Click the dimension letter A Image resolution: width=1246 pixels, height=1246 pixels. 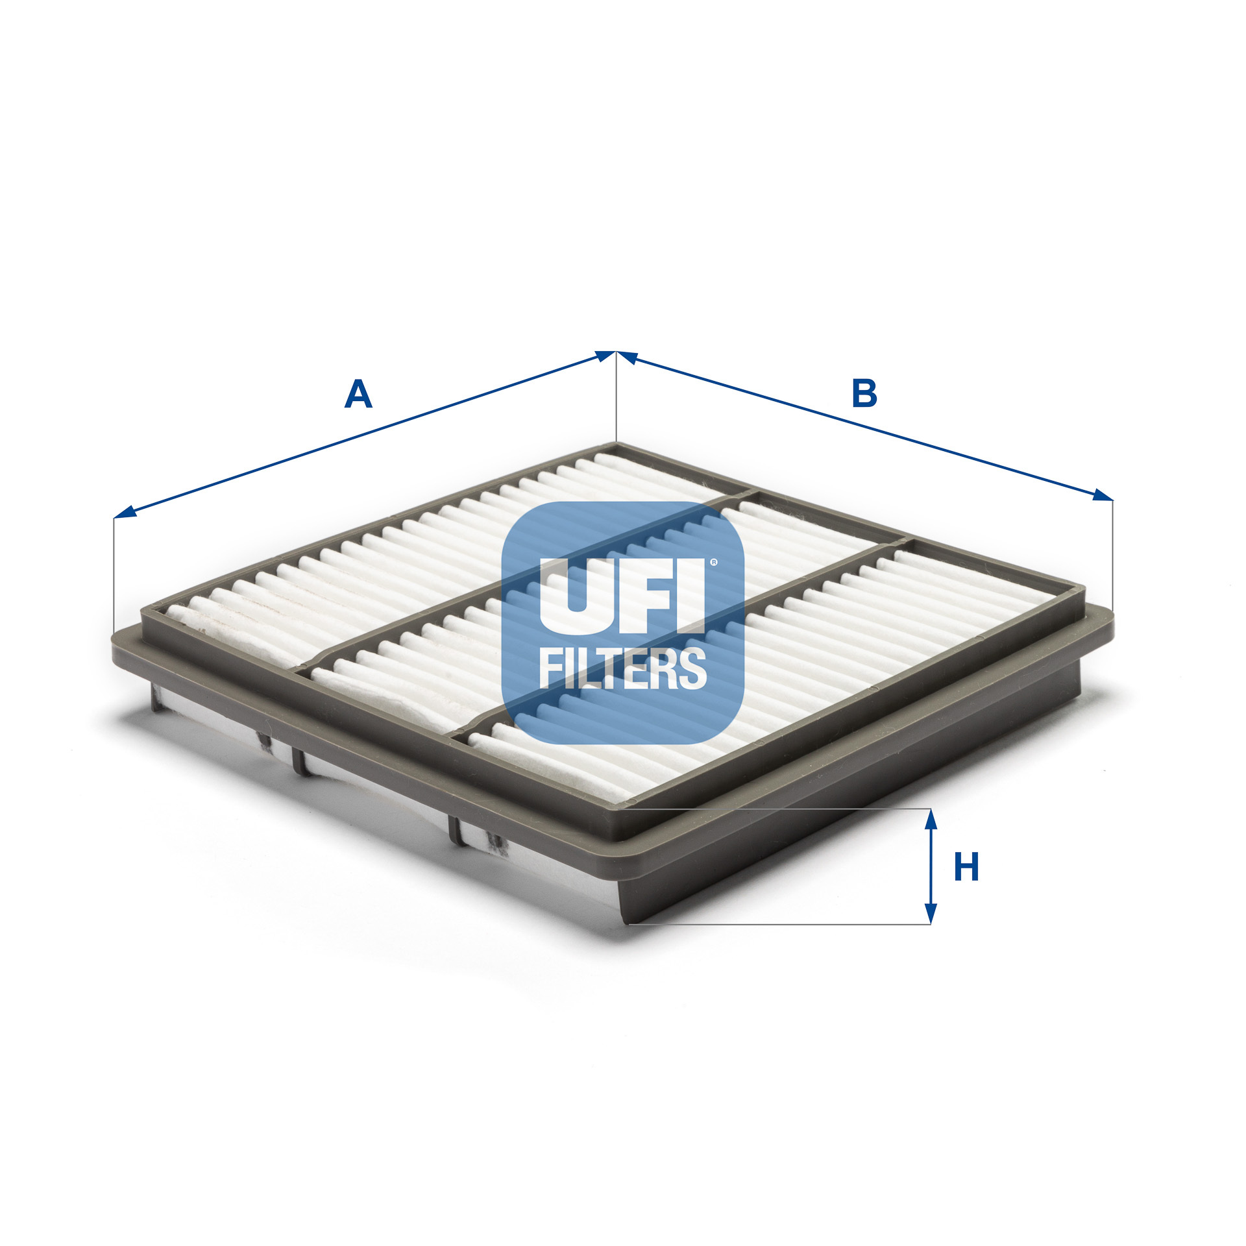pyautogui.click(x=358, y=394)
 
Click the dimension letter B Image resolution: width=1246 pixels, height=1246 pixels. pyautogui.click(x=864, y=394)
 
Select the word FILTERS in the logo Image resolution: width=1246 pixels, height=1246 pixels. pyautogui.click(x=622, y=668)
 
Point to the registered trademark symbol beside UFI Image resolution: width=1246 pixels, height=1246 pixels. pyautogui.click(x=714, y=563)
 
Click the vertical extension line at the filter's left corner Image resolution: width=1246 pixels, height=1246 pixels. pyautogui.click(x=114, y=571)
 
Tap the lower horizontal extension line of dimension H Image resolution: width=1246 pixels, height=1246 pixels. pyautogui.click(x=779, y=923)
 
